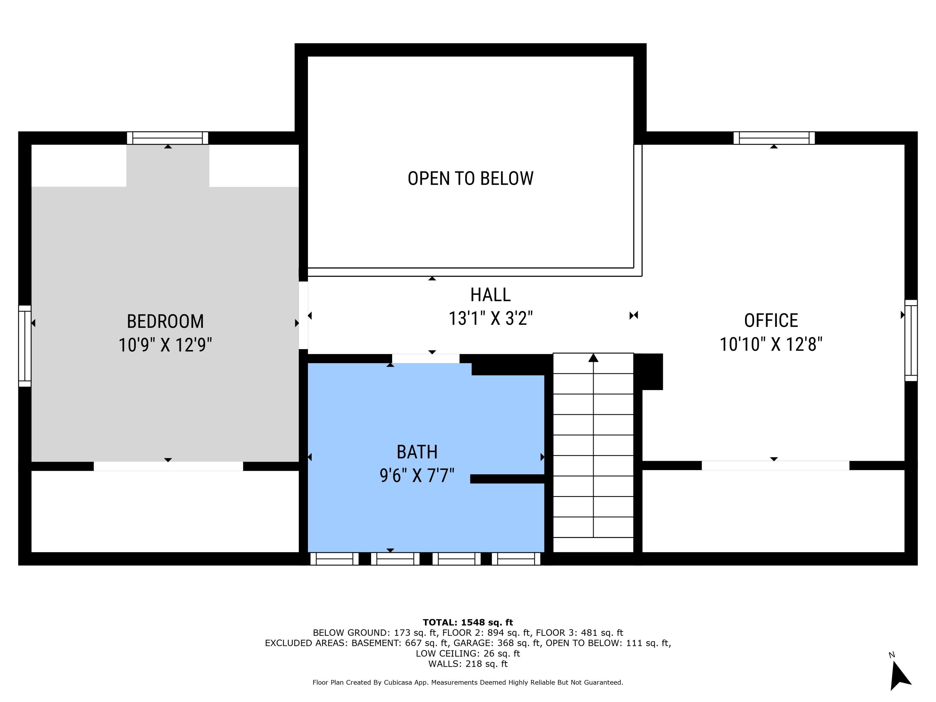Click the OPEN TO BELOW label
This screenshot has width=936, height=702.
coord(470,178)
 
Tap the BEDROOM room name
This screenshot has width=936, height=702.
coord(165,321)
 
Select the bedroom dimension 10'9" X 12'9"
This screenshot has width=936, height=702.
coord(165,345)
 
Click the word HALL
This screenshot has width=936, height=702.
coord(490,295)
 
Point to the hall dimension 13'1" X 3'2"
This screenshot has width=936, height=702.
coord(490,318)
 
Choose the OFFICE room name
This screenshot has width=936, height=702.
coord(771,320)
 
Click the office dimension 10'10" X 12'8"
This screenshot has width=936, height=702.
coord(771,344)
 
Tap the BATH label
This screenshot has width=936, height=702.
coord(417,452)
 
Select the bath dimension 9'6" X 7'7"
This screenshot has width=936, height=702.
coord(417,475)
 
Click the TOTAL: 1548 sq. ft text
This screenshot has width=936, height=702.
coord(468,622)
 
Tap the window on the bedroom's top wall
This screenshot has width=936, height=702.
coord(168,138)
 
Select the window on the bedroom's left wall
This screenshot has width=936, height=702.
coord(25,346)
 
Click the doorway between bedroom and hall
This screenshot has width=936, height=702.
coord(303,315)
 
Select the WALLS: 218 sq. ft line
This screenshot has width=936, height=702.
coord(468,664)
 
